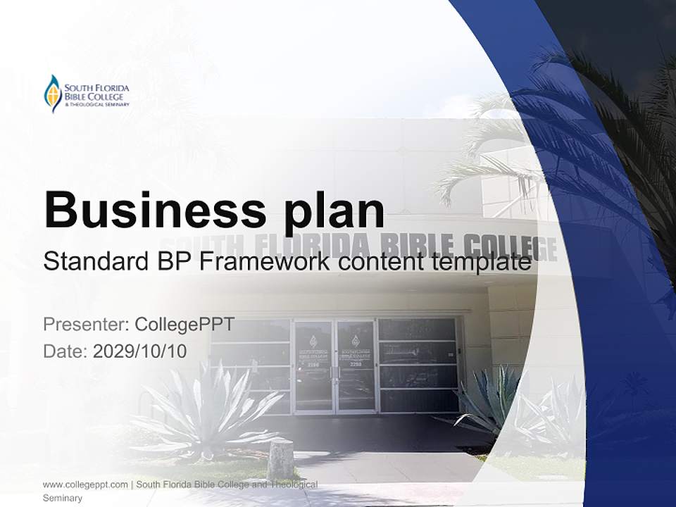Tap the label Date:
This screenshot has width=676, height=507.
(65, 351)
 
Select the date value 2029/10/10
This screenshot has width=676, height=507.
(140, 351)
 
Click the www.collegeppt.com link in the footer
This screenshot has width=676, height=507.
(85, 484)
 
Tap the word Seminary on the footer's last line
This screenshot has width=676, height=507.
(63, 498)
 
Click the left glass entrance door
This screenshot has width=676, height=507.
(313, 366)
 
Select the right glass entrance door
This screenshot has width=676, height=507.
(356, 366)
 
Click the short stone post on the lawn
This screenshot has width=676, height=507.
(280, 458)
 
